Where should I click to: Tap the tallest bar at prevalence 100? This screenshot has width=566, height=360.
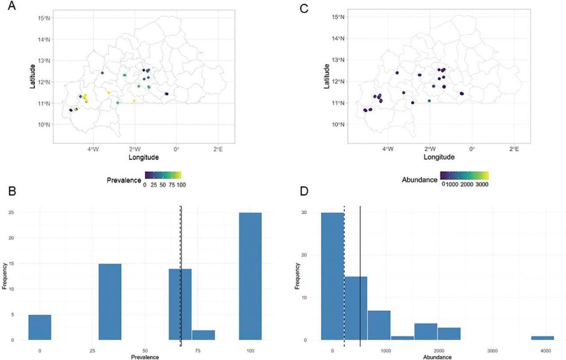250,276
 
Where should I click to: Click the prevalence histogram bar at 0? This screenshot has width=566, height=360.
40,327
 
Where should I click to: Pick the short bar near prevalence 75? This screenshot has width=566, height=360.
203,335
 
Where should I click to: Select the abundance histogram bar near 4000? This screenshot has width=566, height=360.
542,338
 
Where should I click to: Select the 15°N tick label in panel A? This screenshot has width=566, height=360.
42,17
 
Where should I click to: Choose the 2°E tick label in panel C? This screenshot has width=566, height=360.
514,149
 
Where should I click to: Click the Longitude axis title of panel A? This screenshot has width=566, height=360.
143,157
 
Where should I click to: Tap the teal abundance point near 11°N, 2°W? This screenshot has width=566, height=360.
429,101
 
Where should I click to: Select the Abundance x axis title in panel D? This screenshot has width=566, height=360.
437,356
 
